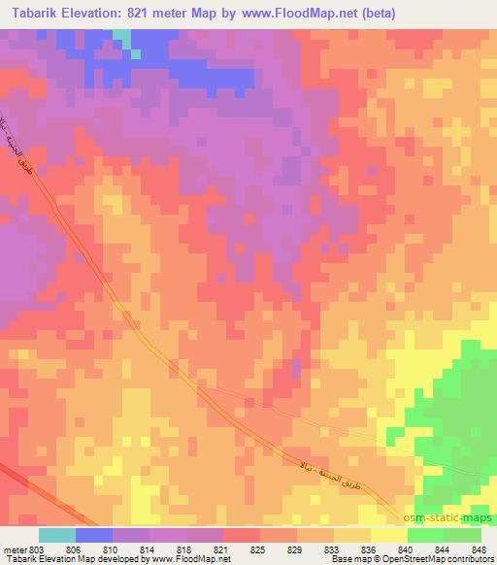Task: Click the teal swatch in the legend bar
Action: point(57,535)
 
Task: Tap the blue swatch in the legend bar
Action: point(94,535)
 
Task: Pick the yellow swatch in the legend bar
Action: point(389,535)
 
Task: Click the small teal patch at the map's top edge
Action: point(121,35)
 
